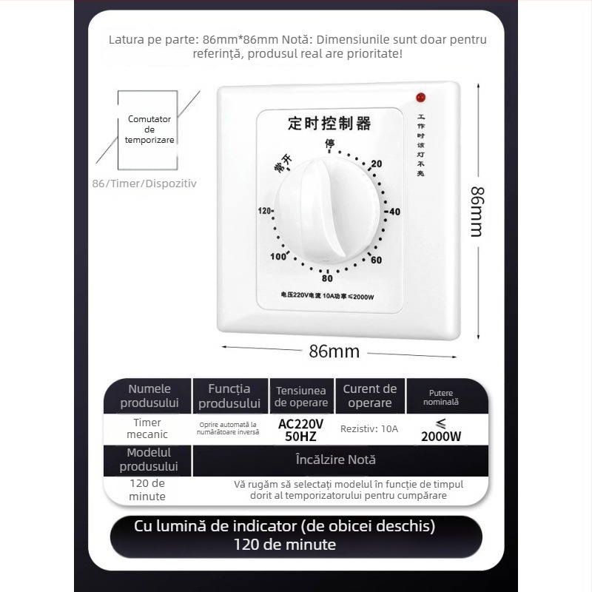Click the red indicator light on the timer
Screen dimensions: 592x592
click(x=420, y=97)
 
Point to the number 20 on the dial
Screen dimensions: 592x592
click(x=377, y=164)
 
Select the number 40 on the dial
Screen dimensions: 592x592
click(x=394, y=212)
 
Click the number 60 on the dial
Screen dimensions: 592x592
click(x=376, y=260)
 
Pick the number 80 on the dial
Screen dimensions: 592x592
click(x=327, y=278)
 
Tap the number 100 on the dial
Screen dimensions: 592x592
click(x=277, y=257)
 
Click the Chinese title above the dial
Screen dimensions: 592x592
click(x=329, y=123)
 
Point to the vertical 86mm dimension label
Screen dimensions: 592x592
click(x=478, y=210)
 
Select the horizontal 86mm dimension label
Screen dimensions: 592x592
click(x=334, y=351)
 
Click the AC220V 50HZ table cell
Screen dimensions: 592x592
click(x=300, y=429)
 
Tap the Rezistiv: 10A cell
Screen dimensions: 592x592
click(x=369, y=428)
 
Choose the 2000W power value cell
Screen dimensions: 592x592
click(x=441, y=430)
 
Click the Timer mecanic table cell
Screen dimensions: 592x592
click(x=147, y=428)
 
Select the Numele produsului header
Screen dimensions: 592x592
click(x=149, y=396)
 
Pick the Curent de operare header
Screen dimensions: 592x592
click(x=369, y=396)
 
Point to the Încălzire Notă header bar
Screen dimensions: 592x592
click(x=335, y=460)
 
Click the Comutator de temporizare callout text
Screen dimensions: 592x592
click(x=149, y=129)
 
